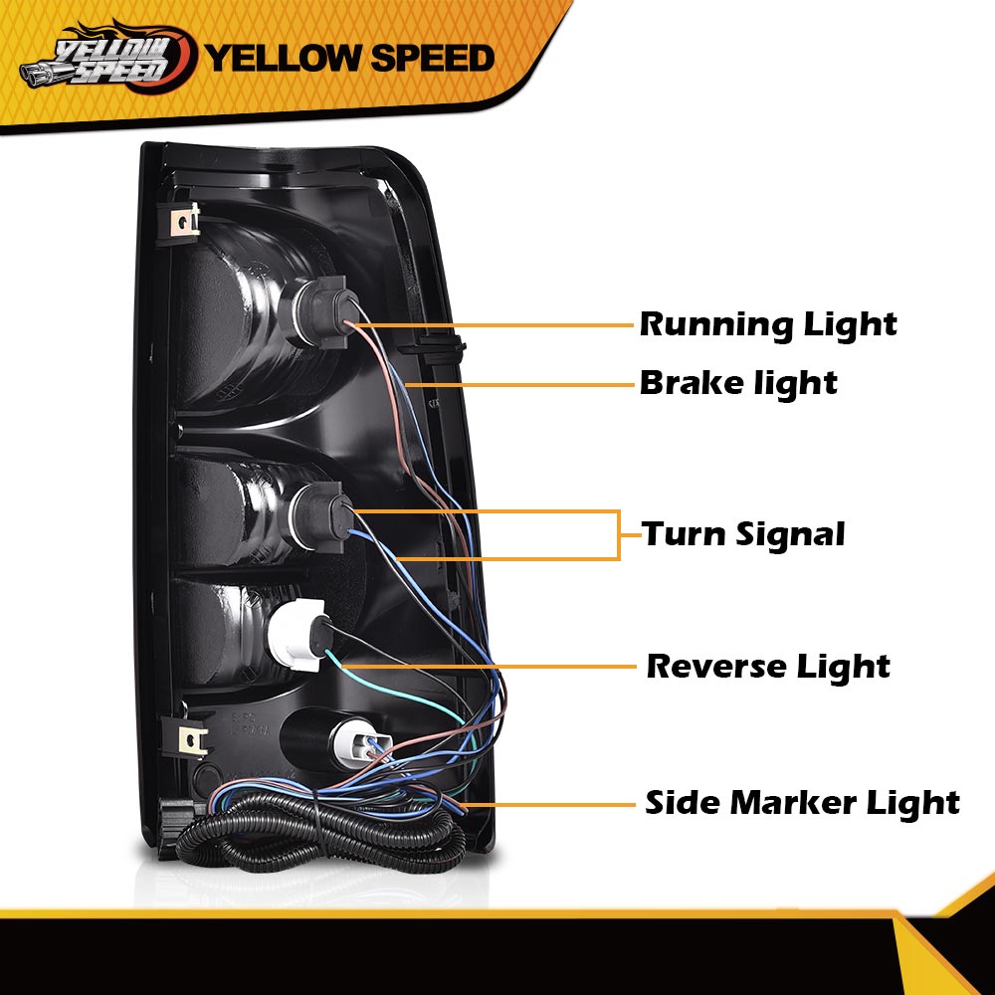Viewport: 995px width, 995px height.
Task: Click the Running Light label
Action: (768, 325)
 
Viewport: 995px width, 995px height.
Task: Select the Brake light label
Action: (738, 383)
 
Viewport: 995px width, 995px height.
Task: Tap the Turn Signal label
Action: (743, 534)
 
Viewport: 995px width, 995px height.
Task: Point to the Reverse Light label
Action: (768, 667)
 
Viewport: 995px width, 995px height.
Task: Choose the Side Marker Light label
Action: (802, 803)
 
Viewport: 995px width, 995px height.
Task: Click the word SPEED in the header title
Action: (432, 58)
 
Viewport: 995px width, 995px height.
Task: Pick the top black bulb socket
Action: (321, 310)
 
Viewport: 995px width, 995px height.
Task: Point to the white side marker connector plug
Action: (361, 740)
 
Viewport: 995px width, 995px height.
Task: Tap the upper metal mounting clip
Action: (185, 222)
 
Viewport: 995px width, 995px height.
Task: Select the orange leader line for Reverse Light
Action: (489, 667)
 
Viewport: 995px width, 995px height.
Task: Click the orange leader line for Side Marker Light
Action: (550, 805)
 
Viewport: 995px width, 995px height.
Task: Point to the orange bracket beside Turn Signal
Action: (618, 535)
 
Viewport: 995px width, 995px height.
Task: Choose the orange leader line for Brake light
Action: (519, 384)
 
